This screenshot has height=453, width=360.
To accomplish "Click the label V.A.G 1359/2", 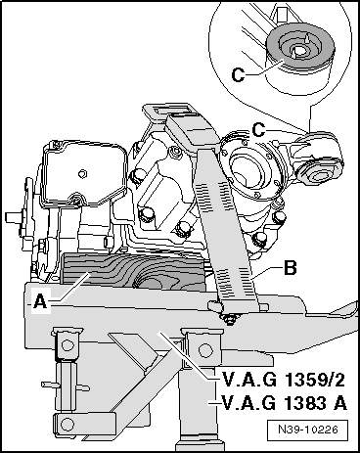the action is pyautogui.click(x=283, y=380).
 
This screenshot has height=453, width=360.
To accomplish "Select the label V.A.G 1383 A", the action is pyautogui.click(x=284, y=403).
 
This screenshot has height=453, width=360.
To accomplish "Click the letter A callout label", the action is pyautogui.click(x=41, y=301).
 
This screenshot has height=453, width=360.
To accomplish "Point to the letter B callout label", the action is pyautogui.click(x=291, y=268).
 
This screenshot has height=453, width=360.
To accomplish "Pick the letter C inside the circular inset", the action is pyautogui.click(x=238, y=74).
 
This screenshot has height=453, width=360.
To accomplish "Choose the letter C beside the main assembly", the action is pyautogui.click(x=258, y=131).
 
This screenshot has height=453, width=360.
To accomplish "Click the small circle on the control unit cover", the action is pyautogui.click(x=83, y=173).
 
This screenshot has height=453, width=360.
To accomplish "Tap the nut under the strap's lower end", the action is pyautogui.click(x=231, y=320).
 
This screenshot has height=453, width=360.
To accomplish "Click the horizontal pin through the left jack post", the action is pyautogui.click(x=66, y=386).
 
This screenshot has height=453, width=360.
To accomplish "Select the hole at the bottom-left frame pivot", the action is pyautogui.click(x=67, y=425).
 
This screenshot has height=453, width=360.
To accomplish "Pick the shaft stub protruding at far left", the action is pyautogui.click(x=13, y=217).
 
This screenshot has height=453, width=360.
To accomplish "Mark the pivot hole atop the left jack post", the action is pyautogui.click(x=67, y=345).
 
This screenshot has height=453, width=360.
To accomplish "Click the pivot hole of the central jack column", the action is pyautogui.click(x=204, y=350).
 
